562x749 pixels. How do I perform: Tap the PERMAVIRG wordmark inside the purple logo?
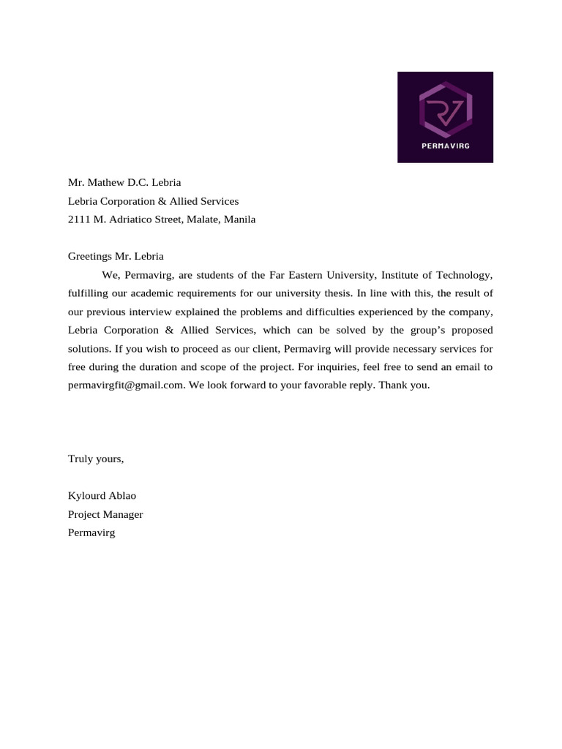click(x=446, y=146)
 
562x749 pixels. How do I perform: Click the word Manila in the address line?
click(x=240, y=219)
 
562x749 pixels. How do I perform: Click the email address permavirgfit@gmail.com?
click(x=124, y=385)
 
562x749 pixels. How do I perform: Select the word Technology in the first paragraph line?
click(x=465, y=275)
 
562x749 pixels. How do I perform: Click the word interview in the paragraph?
click(x=150, y=312)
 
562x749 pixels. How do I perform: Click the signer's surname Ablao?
click(x=122, y=495)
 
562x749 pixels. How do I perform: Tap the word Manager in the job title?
click(x=124, y=514)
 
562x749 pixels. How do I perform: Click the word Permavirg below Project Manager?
click(x=91, y=532)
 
